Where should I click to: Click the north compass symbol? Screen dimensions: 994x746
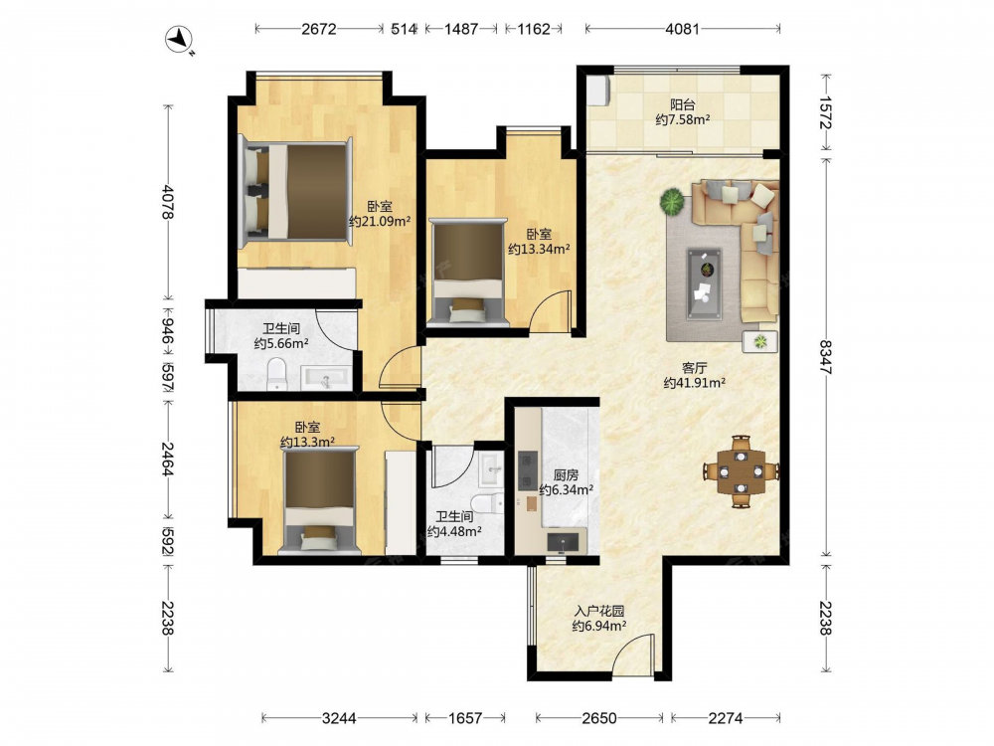(x=179, y=40)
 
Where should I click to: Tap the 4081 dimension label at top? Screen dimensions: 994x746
(x=682, y=29)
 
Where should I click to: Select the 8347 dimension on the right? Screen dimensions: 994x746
(x=825, y=357)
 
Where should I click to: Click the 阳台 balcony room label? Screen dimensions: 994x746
(x=682, y=104)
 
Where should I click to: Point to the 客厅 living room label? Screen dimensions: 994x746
(x=694, y=368)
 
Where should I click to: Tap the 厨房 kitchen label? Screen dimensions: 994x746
(x=566, y=475)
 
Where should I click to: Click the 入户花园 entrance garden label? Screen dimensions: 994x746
(x=599, y=612)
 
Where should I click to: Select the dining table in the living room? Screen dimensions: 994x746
(x=742, y=471)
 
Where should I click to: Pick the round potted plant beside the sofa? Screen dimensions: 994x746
(x=672, y=202)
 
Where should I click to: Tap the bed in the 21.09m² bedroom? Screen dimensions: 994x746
(x=295, y=190)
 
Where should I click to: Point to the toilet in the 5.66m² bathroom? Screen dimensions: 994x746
(x=277, y=374)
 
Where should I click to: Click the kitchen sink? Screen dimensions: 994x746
(x=563, y=542)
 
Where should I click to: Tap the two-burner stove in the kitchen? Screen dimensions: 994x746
(x=528, y=470)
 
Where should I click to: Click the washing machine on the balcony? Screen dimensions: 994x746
(x=599, y=91)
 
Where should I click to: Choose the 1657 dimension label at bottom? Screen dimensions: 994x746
(x=465, y=718)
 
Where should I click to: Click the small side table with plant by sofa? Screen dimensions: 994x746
(x=760, y=342)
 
